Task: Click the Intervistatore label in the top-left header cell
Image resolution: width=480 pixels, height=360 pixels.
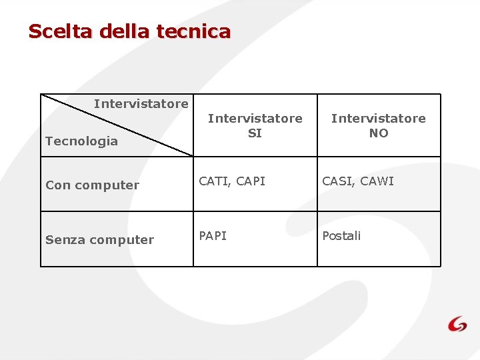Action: pyautogui.click(x=141, y=104)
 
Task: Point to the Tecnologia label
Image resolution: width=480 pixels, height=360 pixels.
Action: pyautogui.click(x=81, y=141)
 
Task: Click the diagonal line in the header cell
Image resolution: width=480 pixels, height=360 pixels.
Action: pyautogui.click(x=117, y=125)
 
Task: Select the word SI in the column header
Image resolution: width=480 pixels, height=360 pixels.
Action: pyautogui.click(x=255, y=133)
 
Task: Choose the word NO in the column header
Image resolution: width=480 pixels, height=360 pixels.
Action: pyautogui.click(x=378, y=133)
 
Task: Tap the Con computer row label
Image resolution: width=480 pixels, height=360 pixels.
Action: pyautogui.click(x=92, y=185)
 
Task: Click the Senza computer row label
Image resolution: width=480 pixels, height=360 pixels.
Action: pyautogui.click(x=99, y=240)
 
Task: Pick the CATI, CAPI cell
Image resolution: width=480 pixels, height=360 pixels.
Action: pyautogui.click(x=232, y=181)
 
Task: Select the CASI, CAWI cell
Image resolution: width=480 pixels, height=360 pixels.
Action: pyautogui.click(x=358, y=181)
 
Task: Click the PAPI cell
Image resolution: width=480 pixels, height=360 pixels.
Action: pyautogui.click(x=213, y=236)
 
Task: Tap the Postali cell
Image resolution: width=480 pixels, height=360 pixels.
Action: pyautogui.click(x=341, y=236)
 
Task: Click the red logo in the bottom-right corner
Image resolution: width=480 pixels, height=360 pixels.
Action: pyautogui.click(x=457, y=324)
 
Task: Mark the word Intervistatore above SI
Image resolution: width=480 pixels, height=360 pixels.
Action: pyautogui.click(x=255, y=119)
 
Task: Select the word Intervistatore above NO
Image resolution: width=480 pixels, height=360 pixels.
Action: pyautogui.click(x=378, y=119)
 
